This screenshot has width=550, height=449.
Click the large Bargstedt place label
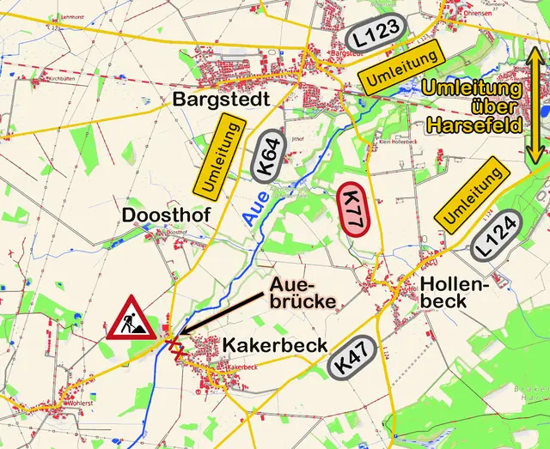222,99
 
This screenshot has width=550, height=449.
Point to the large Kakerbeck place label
275,345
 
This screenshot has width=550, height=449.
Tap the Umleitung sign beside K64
218,157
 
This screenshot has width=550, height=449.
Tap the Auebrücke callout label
302,292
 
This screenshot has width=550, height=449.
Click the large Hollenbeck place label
455,292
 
